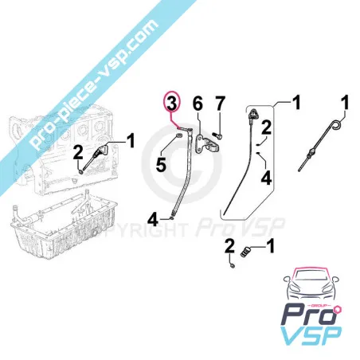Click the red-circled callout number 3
tap(172, 104)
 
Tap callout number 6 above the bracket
tap(198, 104)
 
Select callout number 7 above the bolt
tap(220, 104)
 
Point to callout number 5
tap(161, 165)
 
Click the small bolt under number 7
tap(218, 136)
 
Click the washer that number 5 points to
tap(179, 136)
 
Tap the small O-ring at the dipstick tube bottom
tap(171, 218)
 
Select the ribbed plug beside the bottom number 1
tap(245, 252)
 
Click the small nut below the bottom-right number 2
tap(233, 265)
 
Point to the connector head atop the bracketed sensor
tap(254, 114)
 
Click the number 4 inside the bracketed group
tap(266, 178)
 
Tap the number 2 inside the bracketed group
tap(266, 127)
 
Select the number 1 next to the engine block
tap(131, 141)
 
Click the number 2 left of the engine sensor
tap(78, 153)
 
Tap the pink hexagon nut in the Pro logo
tap(338, 310)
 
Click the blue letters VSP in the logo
tap(311, 336)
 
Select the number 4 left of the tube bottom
tap(153, 220)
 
